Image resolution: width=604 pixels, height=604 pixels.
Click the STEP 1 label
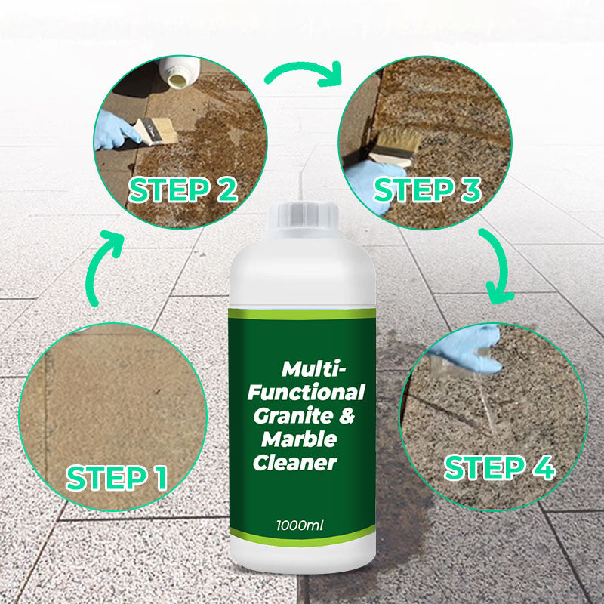(x=117, y=478)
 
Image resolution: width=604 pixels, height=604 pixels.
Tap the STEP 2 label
(x=183, y=190)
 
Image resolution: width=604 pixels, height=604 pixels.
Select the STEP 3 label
(x=427, y=190)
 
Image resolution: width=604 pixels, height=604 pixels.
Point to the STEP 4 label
(x=500, y=467)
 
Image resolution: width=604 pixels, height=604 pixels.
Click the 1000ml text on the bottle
(x=299, y=525)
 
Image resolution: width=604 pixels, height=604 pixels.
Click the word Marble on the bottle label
(x=299, y=439)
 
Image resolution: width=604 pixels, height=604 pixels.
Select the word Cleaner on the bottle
(x=294, y=462)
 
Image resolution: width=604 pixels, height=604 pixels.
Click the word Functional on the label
(x=307, y=392)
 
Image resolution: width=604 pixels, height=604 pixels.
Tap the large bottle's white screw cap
(x=304, y=217)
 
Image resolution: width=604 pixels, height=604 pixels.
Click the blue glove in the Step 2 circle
(x=116, y=130)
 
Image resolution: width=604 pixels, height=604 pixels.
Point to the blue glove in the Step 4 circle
(x=467, y=349)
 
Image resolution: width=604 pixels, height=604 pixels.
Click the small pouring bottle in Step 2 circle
(x=179, y=72)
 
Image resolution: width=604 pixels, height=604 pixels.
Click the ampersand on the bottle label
(x=347, y=416)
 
